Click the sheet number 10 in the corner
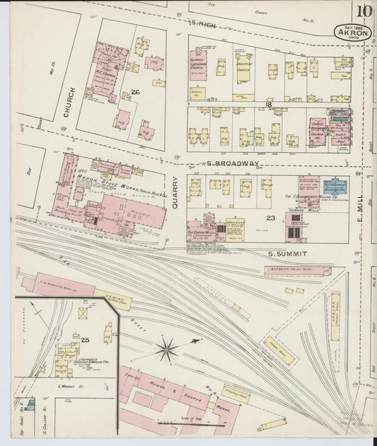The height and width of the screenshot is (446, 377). (x=364, y=11)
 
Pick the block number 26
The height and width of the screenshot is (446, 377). (x=136, y=93)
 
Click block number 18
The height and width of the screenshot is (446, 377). (x=269, y=104)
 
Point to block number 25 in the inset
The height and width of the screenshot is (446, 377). (x=86, y=340)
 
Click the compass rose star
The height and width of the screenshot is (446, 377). (x=168, y=348)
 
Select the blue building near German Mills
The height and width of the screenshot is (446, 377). (x=335, y=187)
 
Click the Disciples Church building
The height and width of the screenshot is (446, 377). (x=243, y=69)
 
